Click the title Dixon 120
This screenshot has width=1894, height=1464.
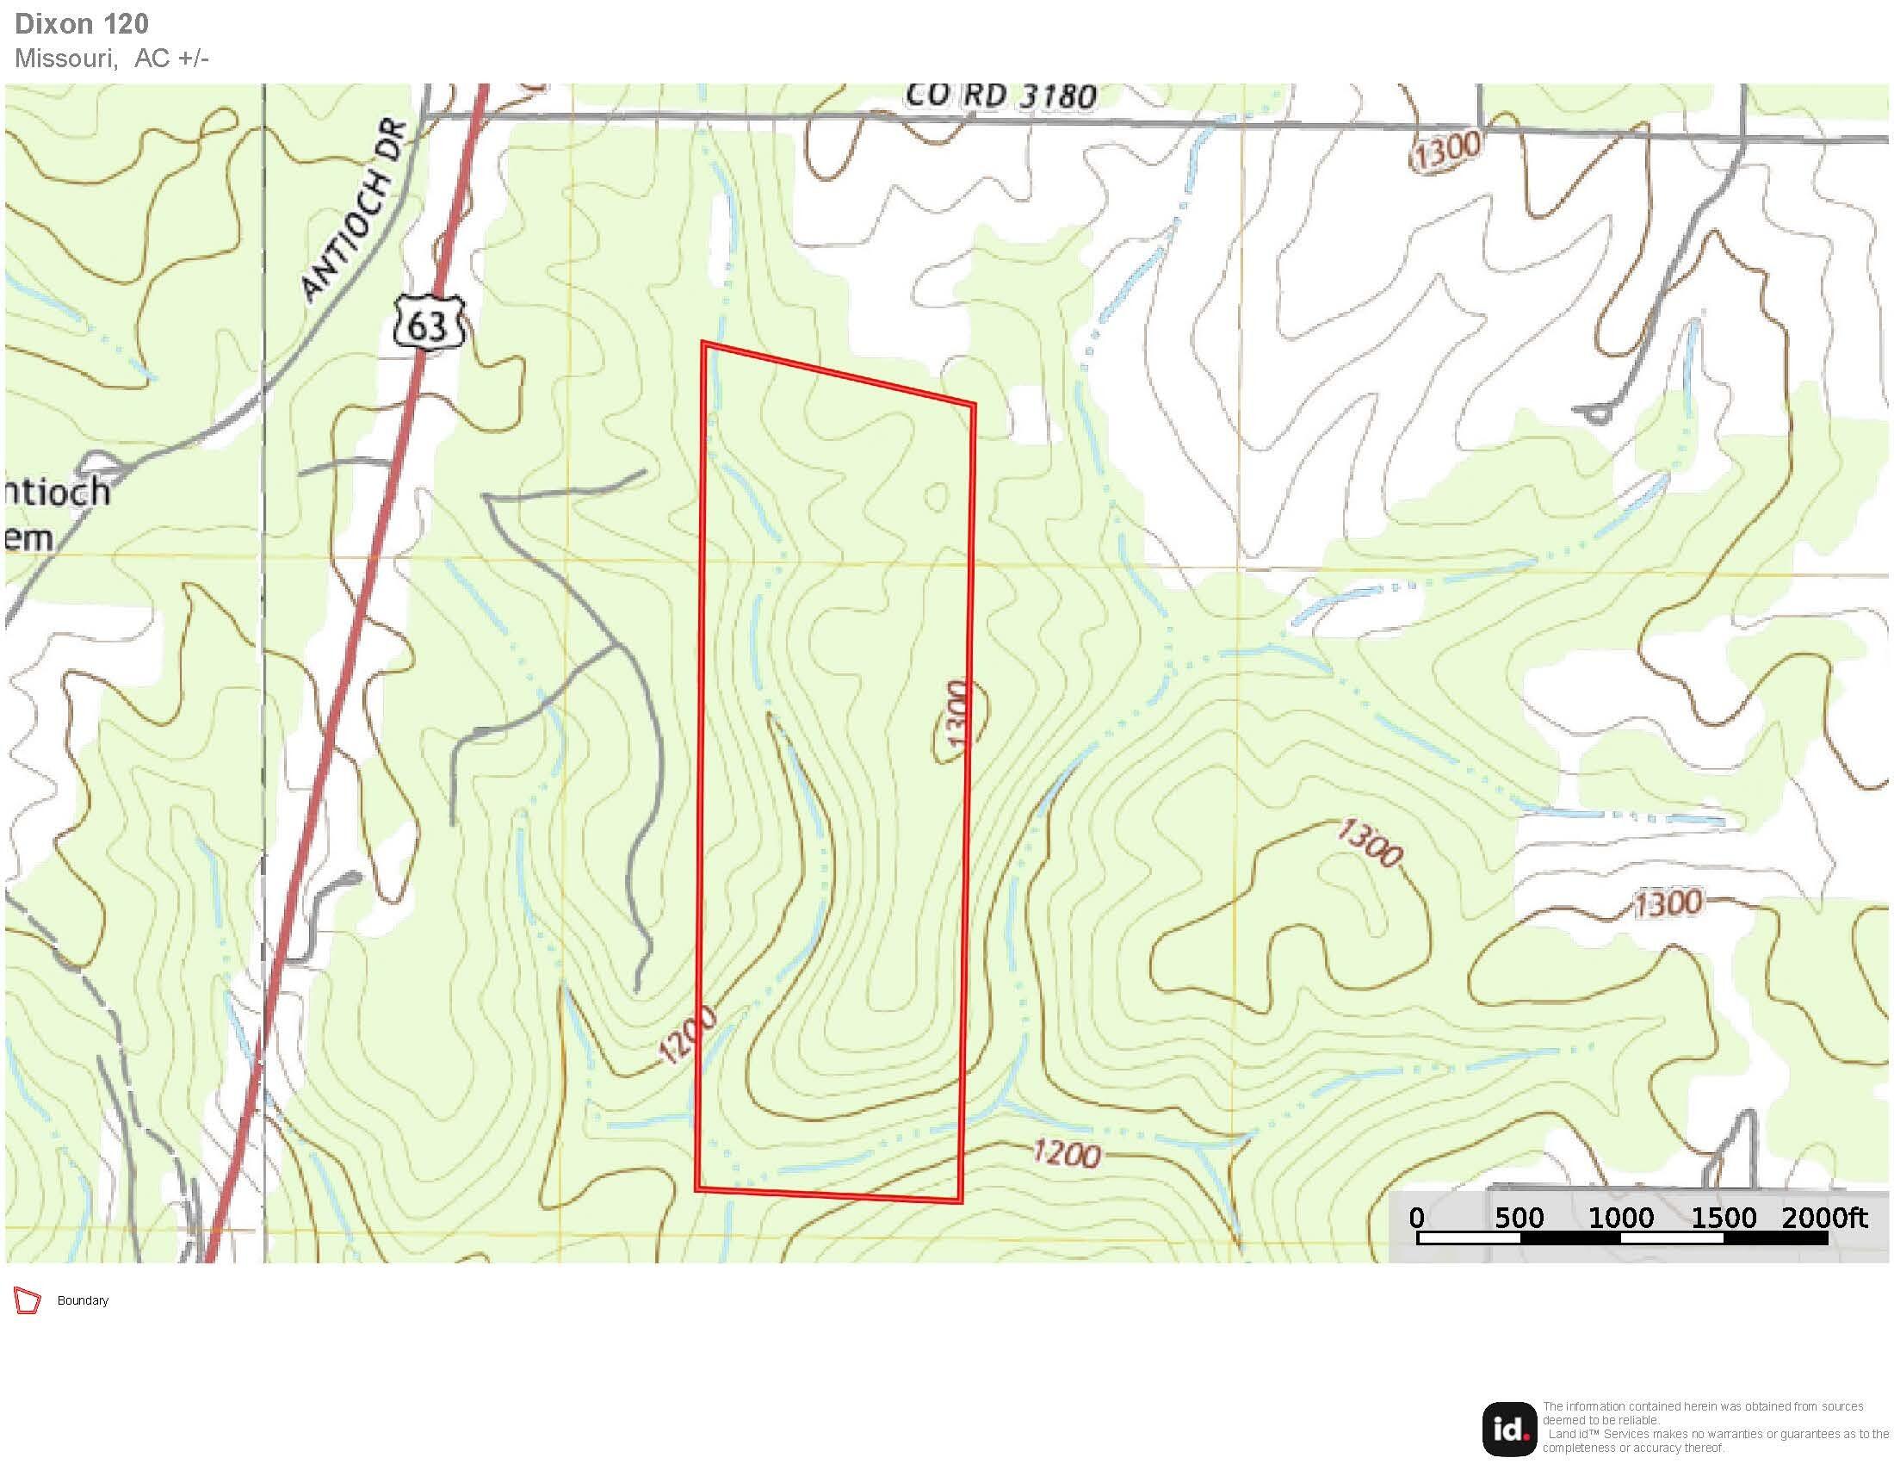pos(82,23)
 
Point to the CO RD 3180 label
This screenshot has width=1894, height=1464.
pos(1000,96)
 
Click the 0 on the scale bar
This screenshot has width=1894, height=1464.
pos(1416,1218)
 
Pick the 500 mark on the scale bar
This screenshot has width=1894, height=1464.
pos(1519,1218)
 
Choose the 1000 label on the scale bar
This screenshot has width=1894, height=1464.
pos(1620,1218)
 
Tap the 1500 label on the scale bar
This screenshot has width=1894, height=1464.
pos(1724,1218)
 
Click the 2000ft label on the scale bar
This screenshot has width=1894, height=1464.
pos(1823,1218)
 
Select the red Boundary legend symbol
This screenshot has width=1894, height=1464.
pos(28,1301)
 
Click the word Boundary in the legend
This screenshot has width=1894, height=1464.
pos(83,1301)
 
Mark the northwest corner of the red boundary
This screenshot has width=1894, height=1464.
pos(703,344)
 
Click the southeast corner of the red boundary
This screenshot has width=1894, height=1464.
pos(961,1201)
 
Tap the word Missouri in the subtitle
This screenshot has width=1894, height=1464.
pos(65,58)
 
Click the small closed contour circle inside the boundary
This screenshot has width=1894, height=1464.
pos(936,497)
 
